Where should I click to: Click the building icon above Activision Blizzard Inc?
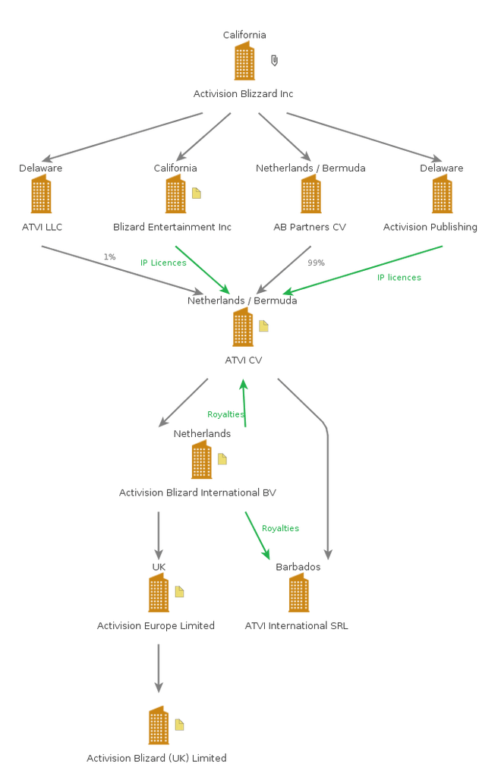(x=244, y=61)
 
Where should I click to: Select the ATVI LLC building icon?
(x=42, y=194)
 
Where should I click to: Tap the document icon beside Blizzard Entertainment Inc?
(x=197, y=193)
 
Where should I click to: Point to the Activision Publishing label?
(x=430, y=227)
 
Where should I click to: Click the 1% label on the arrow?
(x=110, y=257)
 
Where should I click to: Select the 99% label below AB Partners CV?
(x=316, y=263)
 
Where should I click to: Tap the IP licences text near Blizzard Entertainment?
(x=163, y=263)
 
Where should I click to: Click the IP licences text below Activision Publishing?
(x=399, y=278)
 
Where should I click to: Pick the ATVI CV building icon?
(x=243, y=327)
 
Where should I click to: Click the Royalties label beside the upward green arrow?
(x=225, y=414)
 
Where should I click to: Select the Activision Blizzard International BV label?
(x=197, y=492)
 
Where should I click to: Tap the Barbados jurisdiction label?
(x=298, y=567)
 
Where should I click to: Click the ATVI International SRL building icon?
(x=298, y=593)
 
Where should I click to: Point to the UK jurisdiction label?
(x=158, y=567)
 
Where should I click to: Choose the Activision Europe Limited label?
(x=156, y=626)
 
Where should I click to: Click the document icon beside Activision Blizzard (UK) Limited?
(x=180, y=725)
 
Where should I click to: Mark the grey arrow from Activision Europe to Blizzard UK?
(x=158, y=668)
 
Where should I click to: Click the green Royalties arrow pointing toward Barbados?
(x=258, y=536)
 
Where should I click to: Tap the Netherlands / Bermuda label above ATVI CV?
(x=243, y=300)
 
